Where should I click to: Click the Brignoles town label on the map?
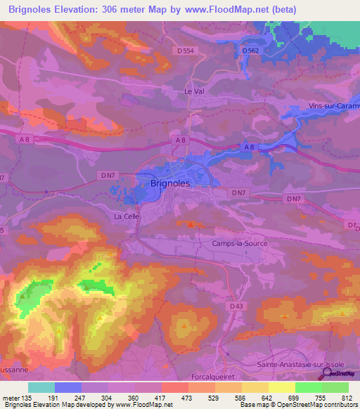(171, 183)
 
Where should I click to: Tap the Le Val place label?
(193, 92)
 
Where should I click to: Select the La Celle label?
(127, 216)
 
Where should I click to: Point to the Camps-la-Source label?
(240, 243)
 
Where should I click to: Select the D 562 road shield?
(250, 51)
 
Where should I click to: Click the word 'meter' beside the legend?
(11, 397)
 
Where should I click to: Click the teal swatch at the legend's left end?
(41, 387)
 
